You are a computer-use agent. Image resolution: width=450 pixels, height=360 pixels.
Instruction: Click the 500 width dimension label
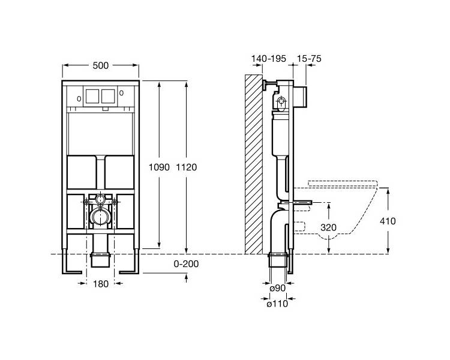pyautogui.click(x=101, y=66)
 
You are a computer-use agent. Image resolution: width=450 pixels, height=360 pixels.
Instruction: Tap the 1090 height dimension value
pyautogui.click(x=159, y=167)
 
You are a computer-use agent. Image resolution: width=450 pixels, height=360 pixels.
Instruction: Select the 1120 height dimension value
pyautogui.click(x=186, y=167)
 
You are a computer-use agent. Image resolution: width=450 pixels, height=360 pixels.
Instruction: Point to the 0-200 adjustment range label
pyautogui.click(x=186, y=264)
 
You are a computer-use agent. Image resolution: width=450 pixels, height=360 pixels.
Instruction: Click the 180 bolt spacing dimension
pyautogui.click(x=101, y=284)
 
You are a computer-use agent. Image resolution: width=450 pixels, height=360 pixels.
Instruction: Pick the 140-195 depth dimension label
pyautogui.click(x=269, y=59)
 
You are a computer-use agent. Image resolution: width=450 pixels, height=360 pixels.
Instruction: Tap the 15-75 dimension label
pyautogui.click(x=309, y=59)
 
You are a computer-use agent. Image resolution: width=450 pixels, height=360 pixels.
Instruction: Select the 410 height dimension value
pyautogui.click(x=388, y=221)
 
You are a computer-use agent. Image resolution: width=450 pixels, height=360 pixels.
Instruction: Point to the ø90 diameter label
pyautogui.click(x=278, y=288)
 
